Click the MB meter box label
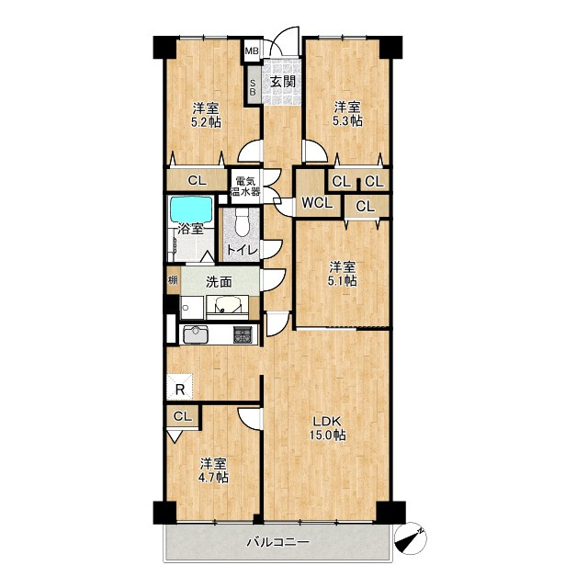252,51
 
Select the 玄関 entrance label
283,82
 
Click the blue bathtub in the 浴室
191,209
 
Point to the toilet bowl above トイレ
242,222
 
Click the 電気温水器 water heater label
245,187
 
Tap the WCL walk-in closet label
317,204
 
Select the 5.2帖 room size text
206,122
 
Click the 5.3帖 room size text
347,120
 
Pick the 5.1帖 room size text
342,281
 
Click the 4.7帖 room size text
213,477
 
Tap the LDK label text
327,421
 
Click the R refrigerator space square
180,387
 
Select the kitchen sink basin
196,334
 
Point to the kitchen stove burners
243,334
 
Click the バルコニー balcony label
277,542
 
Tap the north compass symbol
411,538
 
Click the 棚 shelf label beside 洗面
173,279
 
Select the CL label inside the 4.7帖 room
183,416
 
